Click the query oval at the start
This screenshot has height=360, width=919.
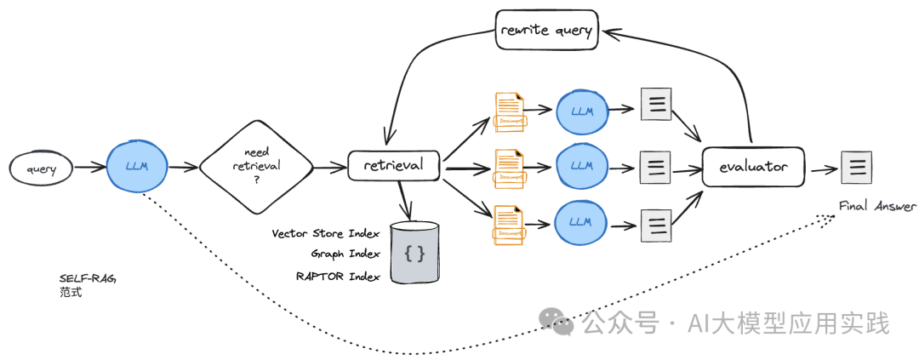[40, 169]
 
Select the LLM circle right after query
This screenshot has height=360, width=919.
[136, 165]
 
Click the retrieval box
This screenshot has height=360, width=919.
[392, 165]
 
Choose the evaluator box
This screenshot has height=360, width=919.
[754, 167]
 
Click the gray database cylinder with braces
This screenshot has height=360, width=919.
[414, 253]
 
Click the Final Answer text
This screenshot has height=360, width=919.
[878, 206]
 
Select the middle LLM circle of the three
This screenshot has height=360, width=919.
[582, 165]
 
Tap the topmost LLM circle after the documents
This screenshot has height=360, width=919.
[582, 111]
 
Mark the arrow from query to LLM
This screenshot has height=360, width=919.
[88, 168]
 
